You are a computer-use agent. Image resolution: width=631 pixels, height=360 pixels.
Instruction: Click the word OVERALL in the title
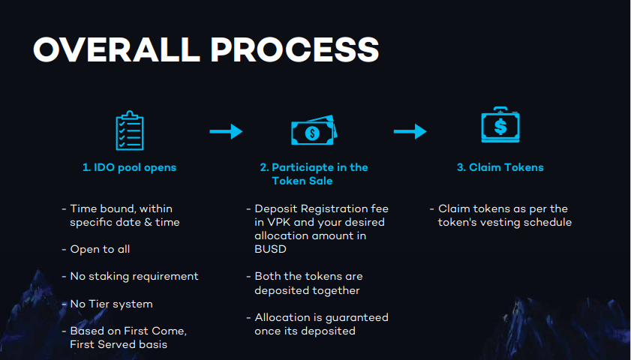pos(117,49)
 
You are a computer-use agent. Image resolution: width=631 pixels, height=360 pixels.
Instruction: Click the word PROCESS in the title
pos(295,49)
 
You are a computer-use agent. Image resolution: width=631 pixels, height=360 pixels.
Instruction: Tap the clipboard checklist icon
pos(130,130)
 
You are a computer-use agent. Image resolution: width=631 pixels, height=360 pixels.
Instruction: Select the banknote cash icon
pos(314,130)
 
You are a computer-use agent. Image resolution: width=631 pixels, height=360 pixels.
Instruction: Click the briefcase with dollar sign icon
pos(500,124)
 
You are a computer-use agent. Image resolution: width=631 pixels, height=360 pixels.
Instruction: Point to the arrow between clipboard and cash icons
pos(226,131)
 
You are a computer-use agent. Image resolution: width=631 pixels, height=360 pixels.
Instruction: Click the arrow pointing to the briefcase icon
pos(410,131)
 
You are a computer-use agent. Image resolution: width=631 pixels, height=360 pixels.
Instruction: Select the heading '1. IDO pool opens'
pos(129,167)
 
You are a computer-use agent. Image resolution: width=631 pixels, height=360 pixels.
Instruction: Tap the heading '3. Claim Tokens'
pos(500,167)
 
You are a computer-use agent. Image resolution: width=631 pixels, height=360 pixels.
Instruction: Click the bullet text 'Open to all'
pos(100,250)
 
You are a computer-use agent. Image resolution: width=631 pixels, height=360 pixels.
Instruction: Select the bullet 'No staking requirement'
pos(134,276)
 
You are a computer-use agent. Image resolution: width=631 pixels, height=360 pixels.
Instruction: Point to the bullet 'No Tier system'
pos(112,304)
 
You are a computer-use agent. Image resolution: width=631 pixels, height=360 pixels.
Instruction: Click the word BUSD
pos(270,250)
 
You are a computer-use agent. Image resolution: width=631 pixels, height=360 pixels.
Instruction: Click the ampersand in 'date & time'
pos(148,223)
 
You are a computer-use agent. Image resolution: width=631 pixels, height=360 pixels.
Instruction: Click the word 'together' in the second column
pos(335,290)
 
